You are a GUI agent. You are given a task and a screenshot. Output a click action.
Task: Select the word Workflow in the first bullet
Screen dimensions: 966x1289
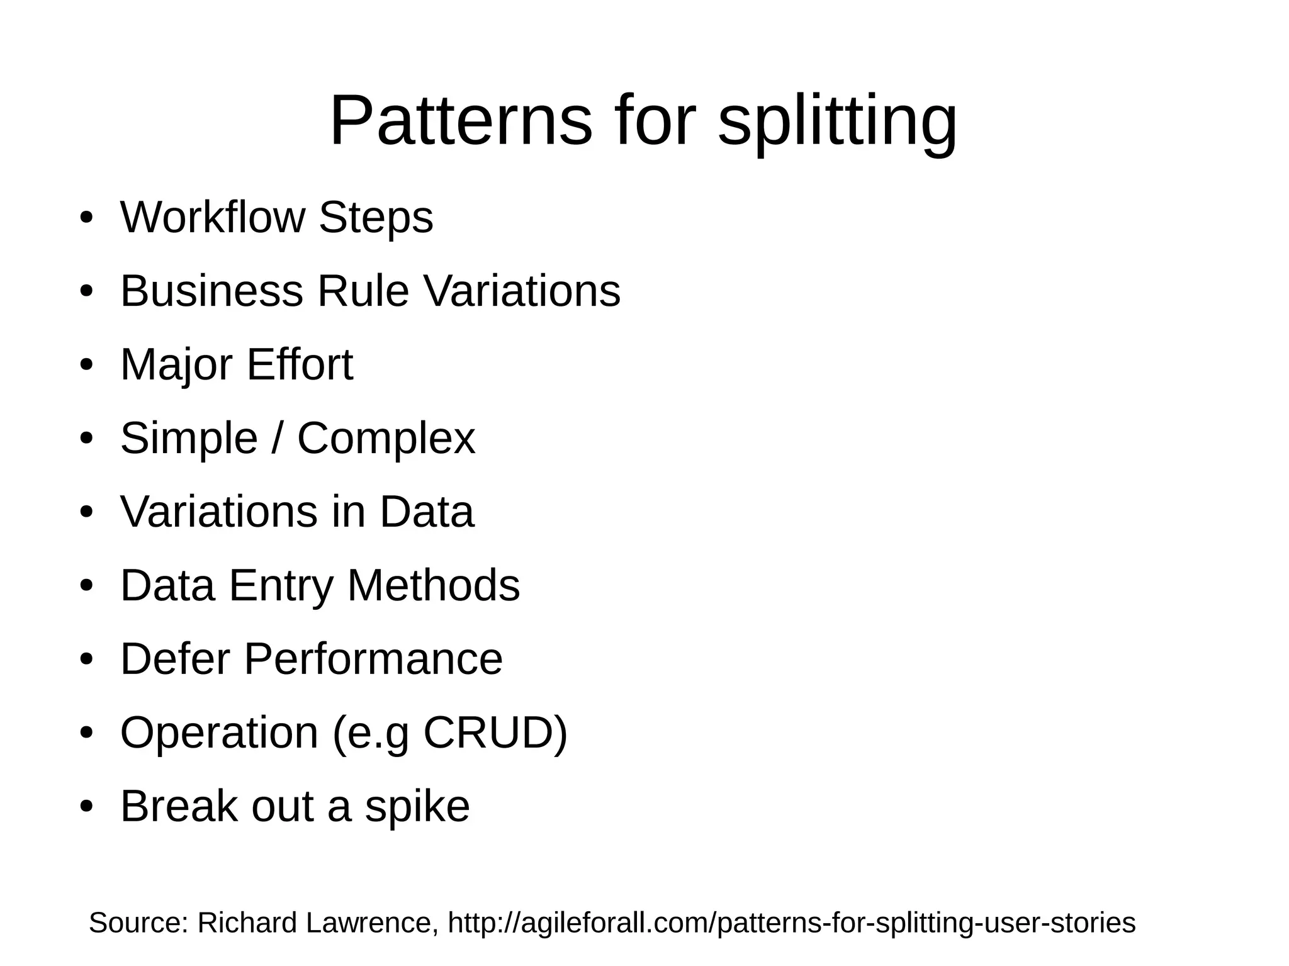pos(213,217)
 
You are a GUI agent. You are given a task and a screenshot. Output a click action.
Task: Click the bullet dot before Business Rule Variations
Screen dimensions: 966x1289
pos(87,291)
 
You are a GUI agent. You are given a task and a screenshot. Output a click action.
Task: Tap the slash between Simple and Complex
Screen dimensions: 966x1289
pos(277,438)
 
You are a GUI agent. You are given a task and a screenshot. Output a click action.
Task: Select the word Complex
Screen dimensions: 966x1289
pos(386,439)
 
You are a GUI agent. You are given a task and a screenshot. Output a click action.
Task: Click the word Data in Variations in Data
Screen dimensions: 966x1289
pos(427,511)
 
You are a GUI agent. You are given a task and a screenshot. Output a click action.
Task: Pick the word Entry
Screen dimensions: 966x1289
pos(280,586)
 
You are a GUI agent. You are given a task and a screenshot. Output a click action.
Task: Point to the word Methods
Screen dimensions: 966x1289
pos(434,585)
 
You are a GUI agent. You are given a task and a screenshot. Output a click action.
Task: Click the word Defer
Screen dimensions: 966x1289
pos(175,659)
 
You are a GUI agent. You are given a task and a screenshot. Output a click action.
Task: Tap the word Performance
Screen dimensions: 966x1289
pos(373,659)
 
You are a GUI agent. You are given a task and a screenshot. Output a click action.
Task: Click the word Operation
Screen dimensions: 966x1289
pos(219,734)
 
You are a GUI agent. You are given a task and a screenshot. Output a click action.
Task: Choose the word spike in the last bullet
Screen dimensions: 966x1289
pos(417,807)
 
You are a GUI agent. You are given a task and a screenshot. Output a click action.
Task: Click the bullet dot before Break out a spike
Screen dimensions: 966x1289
pos(87,807)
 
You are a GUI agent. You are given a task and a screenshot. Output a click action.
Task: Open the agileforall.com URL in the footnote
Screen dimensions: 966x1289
pos(791,923)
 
